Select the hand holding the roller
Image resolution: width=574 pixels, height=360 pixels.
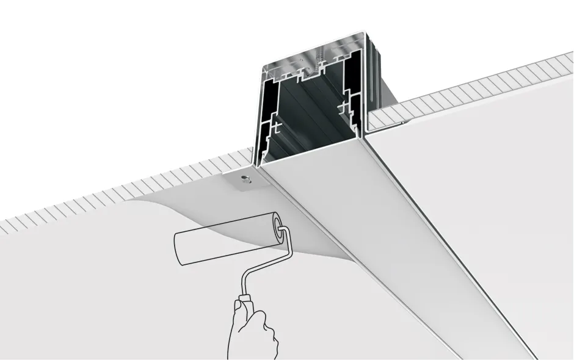click(x=250, y=333)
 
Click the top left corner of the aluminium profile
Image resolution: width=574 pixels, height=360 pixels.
click(x=263, y=66)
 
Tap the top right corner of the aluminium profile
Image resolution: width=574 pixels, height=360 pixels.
click(x=365, y=32)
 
